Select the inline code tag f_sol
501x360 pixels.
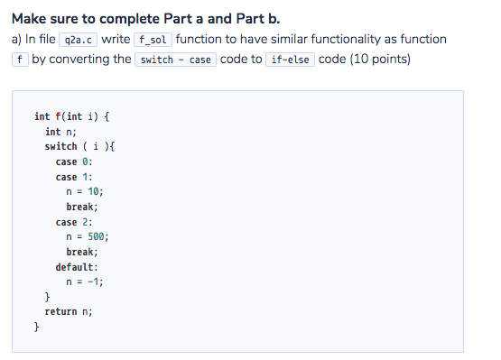click(x=153, y=41)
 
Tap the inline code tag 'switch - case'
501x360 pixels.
click(x=175, y=60)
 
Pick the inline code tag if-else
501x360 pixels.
click(x=291, y=60)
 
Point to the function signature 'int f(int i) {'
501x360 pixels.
click(x=71, y=116)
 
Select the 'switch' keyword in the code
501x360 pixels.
click(x=60, y=146)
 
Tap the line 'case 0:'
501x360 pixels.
click(x=74, y=162)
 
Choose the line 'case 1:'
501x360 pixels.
click(x=74, y=177)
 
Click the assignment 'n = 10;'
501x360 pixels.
click(x=86, y=191)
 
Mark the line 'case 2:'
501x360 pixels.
click(x=74, y=222)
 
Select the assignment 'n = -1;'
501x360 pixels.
click(x=86, y=281)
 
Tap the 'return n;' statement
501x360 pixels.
click(x=69, y=310)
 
